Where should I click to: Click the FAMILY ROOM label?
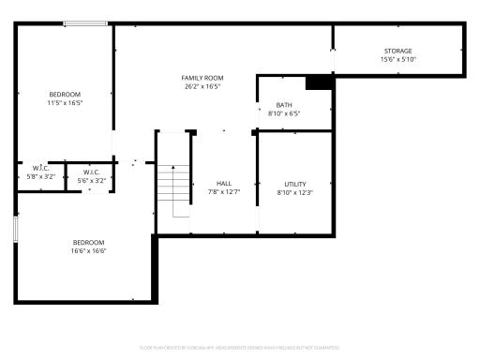(x=202, y=77)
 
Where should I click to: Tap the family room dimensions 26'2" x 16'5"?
(x=202, y=86)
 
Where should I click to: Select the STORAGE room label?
(x=397, y=51)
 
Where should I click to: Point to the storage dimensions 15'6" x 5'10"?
(x=397, y=59)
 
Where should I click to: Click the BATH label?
(x=283, y=105)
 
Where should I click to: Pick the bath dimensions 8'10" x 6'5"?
(x=283, y=113)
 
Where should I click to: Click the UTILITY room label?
(x=295, y=184)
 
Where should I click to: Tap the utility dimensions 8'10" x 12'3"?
(x=295, y=192)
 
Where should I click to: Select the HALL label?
(x=224, y=184)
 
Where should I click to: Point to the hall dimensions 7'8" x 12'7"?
(x=224, y=192)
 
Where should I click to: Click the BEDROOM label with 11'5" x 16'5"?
(x=65, y=94)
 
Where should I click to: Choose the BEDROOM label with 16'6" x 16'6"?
(x=89, y=242)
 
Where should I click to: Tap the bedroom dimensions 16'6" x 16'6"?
(x=89, y=250)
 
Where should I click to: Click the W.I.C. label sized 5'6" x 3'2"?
(x=92, y=172)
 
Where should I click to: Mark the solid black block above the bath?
(x=320, y=82)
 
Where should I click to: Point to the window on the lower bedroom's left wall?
(x=16, y=232)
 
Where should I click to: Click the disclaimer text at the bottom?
(x=240, y=347)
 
